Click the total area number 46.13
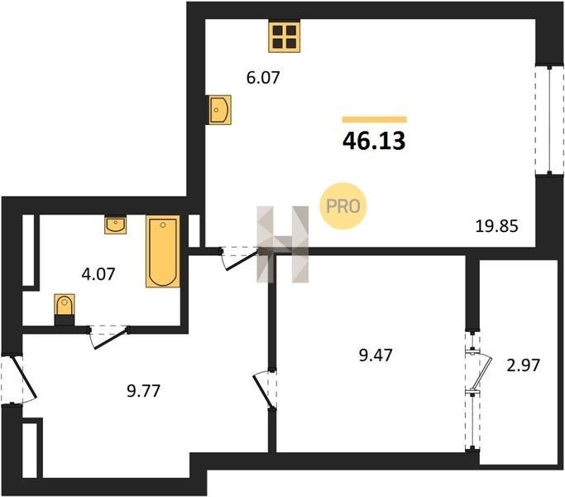pyautogui.click(x=374, y=140)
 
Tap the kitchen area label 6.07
pyautogui.click(x=263, y=78)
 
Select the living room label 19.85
pyautogui.click(x=497, y=226)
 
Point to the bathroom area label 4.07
pyautogui.click(x=98, y=274)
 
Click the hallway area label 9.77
pyautogui.click(x=143, y=391)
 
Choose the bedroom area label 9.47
pyautogui.click(x=376, y=355)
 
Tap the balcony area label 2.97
pyautogui.click(x=523, y=365)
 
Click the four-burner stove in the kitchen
pyautogui.click(x=285, y=36)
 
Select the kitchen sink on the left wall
pyautogui.click(x=218, y=109)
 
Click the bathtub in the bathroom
pyautogui.click(x=163, y=251)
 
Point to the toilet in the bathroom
pyautogui.click(x=65, y=309)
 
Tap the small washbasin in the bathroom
pyautogui.click(x=116, y=224)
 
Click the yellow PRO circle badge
pyautogui.click(x=342, y=206)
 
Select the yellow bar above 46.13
pyautogui.click(x=375, y=119)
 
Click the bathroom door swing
pyautogui.click(x=109, y=337)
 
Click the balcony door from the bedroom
pyautogui.click(x=478, y=373)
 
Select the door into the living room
pyautogui.click(x=241, y=258)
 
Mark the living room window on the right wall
pyautogui.click(x=549, y=120)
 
